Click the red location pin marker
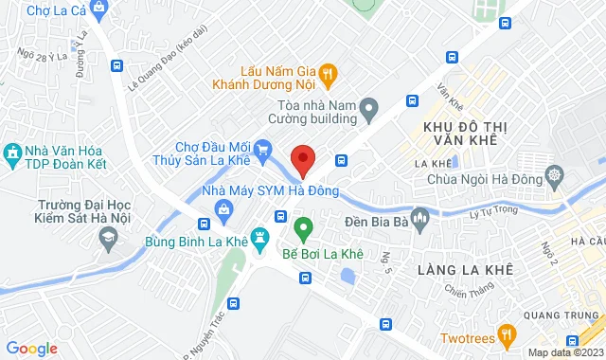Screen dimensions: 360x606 tap(303, 159)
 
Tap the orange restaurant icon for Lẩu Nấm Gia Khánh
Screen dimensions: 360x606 tap(328, 71)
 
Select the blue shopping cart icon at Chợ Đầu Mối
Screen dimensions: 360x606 tap(264, 147)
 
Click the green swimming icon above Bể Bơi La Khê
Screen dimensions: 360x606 tap(303, 227)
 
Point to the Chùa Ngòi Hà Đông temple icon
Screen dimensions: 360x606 tap(556, 175)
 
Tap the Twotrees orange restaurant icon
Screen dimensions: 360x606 tap(507, 333)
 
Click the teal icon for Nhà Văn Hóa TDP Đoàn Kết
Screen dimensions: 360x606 tap(13, 152)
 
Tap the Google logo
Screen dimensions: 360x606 tap(31, 349)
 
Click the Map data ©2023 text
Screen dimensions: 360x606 tap(564, 352)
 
